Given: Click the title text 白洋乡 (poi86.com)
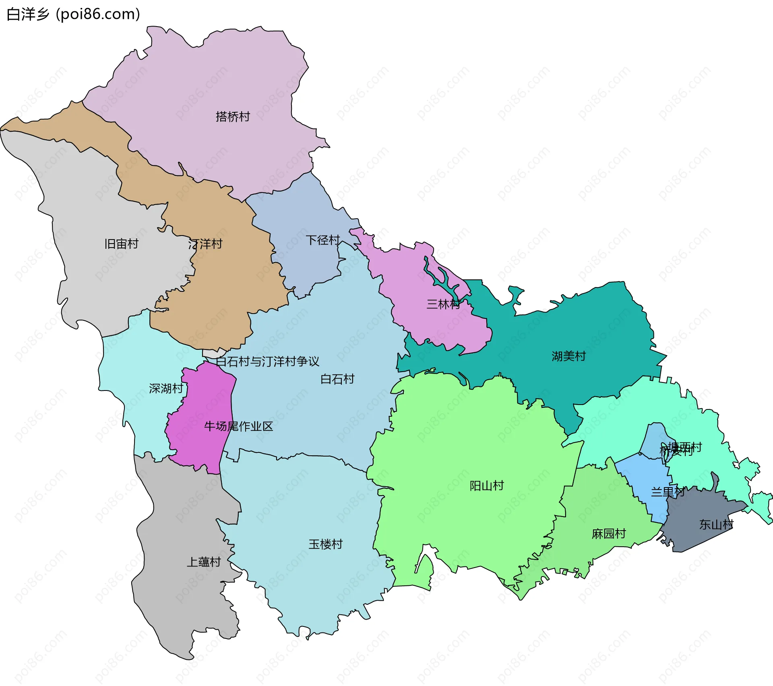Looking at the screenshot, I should click(x=73, y=14).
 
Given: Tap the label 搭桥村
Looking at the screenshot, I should click(x=233, y=117).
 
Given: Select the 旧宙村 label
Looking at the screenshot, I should click(x=121, y=244).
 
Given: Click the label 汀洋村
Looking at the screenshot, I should click(x=205, y=244).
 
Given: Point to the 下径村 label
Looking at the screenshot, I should click(x=323, y=240).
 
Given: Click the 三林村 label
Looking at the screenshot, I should click(x=443, y=304).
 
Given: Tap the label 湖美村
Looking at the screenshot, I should click(x=568, y=356).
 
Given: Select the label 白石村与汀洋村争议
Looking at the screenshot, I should click(x=267, y=362).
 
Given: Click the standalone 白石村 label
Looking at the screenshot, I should click(x=337, y=379).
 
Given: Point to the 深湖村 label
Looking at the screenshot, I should click(x=166, y=388).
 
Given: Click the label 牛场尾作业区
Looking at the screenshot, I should click(x=238, y=426).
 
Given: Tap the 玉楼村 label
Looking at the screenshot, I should click(x=325, y=544).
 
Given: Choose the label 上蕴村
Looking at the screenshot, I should click(x=204, y=562).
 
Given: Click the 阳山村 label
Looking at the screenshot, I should click(x=487, y=486).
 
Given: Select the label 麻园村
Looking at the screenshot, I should click(x=609, y=534).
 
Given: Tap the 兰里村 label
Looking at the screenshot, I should click(x=668, y=492).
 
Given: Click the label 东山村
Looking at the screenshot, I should click(x=716, y=525).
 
